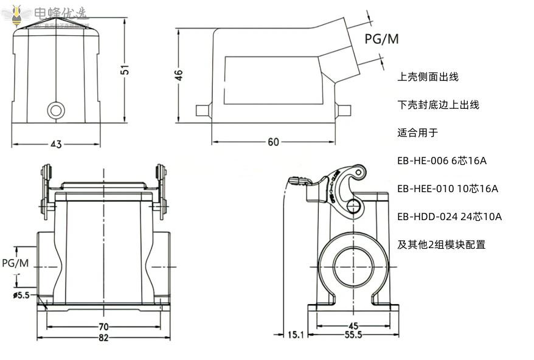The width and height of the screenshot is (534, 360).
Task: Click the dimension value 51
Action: click(x=125, y=69)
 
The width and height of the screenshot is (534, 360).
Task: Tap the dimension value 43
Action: click(x=56, y=144)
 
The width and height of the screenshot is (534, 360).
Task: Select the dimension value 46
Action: click(x=178, y=75)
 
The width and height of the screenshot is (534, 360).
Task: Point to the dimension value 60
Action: click(x=273, y=142)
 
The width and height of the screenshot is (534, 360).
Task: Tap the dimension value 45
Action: click(x=353, y=325)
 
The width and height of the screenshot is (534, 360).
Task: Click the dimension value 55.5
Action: click(x=353, y=335)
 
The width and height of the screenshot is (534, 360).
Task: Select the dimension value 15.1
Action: click(x=295, y=334)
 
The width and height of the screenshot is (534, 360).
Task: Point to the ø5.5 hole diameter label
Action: click(x=21, y=296)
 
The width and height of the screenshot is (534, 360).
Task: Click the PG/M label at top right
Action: click(x=381, y=40)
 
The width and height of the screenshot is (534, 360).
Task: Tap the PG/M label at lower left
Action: click(x=15, y=263)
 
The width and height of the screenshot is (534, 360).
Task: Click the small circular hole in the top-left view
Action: click(x=56, y=110)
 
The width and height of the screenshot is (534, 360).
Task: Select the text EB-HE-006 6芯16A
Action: click(x=442, y=161)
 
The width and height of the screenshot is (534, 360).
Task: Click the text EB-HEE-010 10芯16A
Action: click(x=447, y=189)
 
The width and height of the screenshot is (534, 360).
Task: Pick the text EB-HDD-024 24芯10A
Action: click(x=449, y=216)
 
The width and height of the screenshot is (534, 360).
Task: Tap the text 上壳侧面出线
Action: click(x=428, y=77)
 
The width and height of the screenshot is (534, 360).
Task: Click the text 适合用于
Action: click(x=417, y=133)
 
